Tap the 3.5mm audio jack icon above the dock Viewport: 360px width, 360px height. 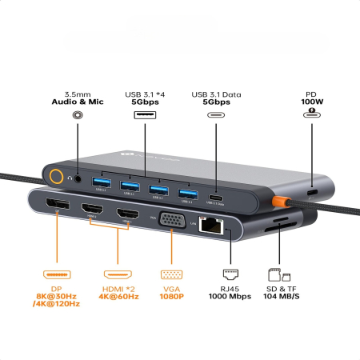click(x=78, y=114)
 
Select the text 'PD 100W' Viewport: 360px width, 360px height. click(x=310, y=97)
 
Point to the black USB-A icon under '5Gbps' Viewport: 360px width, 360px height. click(x=145, y=114)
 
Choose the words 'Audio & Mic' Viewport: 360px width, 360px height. click(x=78, y=102)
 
